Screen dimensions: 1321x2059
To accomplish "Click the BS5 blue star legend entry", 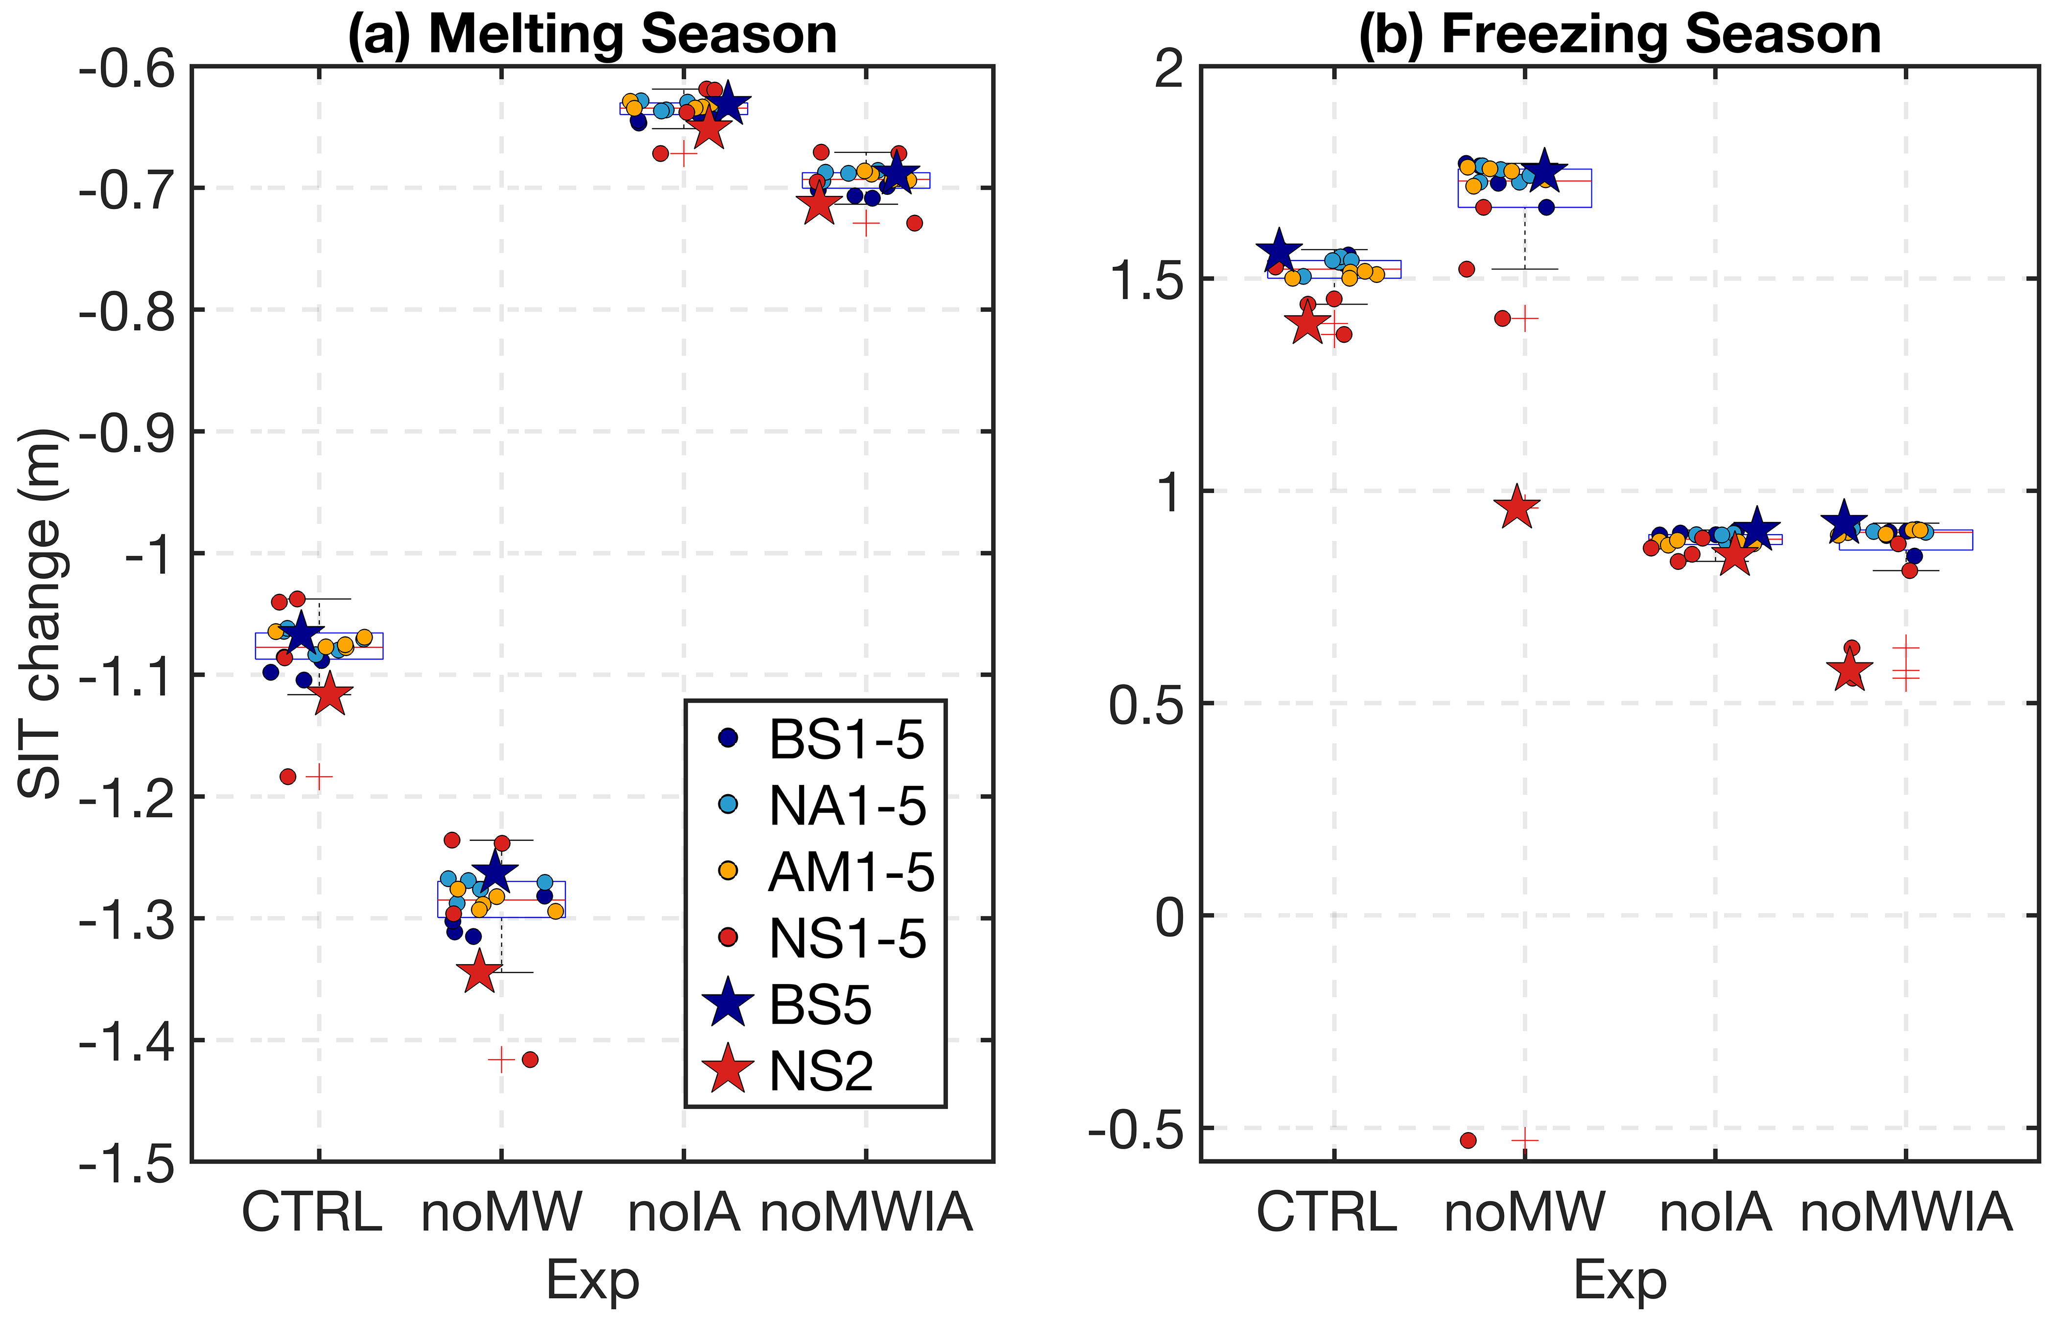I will point(819,1005).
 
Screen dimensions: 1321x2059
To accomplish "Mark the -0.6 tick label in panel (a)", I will point(126,69).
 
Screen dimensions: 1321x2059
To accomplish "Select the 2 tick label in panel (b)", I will point(1168,69).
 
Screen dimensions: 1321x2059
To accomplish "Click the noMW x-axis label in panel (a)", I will point(501,1213).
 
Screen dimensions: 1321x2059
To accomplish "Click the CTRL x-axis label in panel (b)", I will point(1326,1213).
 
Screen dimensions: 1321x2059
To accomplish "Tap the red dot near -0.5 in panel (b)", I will point(1468,1140).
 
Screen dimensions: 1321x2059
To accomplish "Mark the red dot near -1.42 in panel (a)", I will point(530,1060).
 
